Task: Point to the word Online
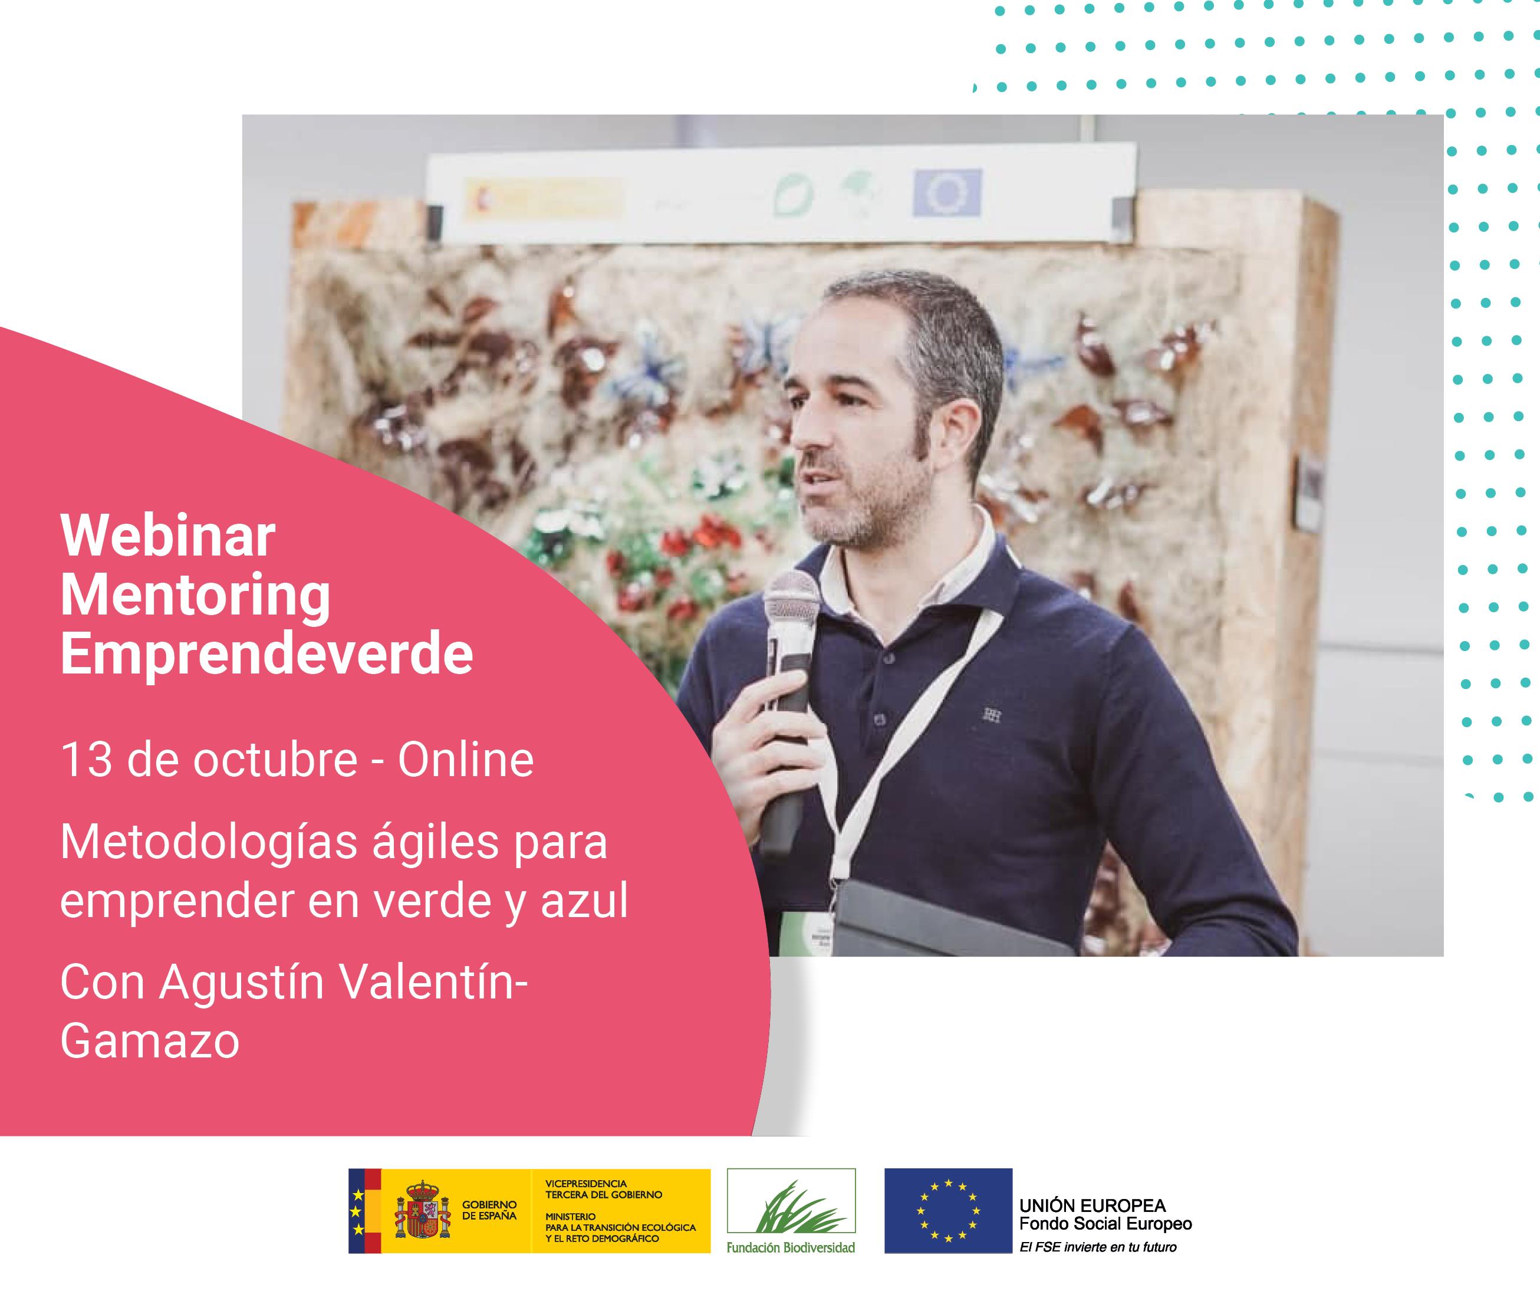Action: tap(466, 760)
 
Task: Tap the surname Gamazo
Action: tap(150, 1040)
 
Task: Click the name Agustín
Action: tap(242, 983)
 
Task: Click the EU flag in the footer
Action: tap(948, 1210)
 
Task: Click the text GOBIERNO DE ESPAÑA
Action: tap(489, 1211)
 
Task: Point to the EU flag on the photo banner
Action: tap(947, 193)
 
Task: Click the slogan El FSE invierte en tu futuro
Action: tap(1098, 1247)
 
